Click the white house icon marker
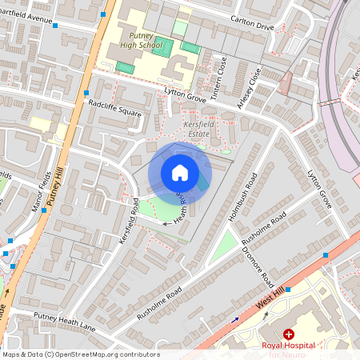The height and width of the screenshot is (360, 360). pyautogui.click(x=180, y=172)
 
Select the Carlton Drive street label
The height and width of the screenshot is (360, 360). pyautogui.click(x=250, y=26)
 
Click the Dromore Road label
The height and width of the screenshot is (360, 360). pyautogui.click(x=265, y=271)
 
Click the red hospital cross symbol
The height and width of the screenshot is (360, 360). pyautogui.click(x=288, y=334)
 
